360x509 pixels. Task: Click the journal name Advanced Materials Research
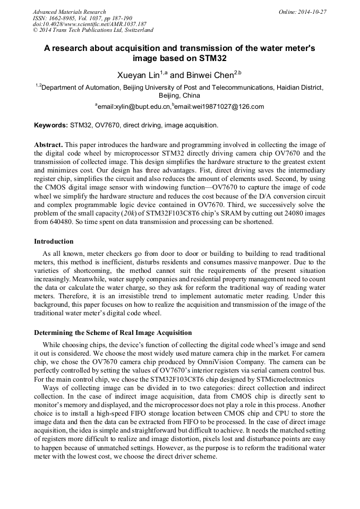pos(69,12)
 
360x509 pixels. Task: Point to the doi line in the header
pos(90,24)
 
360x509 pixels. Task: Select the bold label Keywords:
pos(51,125)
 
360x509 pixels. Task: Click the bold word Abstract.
pos(48,145)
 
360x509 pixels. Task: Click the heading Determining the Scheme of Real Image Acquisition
pos(113,333)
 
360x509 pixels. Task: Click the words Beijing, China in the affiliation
pos(179,96)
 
